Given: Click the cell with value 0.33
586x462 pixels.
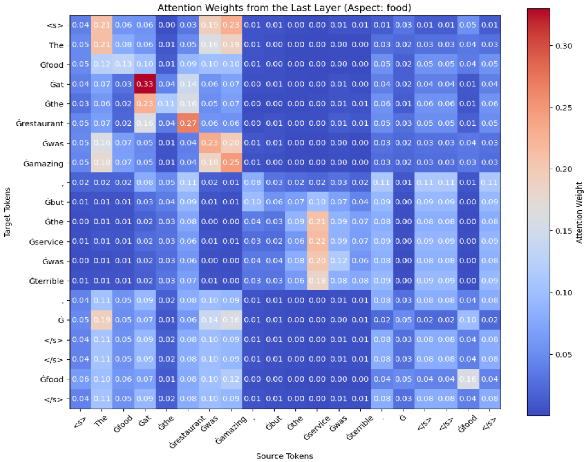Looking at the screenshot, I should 145,84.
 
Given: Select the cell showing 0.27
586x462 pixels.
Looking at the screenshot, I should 188,123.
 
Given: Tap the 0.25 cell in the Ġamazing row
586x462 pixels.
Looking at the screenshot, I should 231,163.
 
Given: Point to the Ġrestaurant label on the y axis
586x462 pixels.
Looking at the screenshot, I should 40,124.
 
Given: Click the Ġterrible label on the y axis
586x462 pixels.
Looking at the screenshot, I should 47,281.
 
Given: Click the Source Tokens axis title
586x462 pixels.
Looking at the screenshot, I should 284,456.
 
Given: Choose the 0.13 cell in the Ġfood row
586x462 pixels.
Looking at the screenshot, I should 123,64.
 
